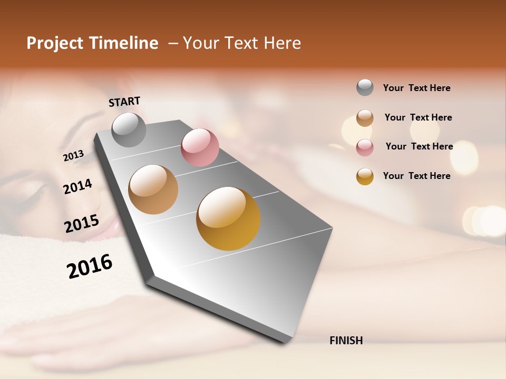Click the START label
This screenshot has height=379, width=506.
[124, 102]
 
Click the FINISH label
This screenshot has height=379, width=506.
[346, 341]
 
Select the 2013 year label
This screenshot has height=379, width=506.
[73, 155]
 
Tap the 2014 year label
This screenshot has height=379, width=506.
[77, 186]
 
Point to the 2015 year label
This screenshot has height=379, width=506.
[81, 223]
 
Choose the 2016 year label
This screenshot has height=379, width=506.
[90, 266]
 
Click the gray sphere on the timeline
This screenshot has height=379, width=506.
[129, 129]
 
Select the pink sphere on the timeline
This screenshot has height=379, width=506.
[200, 147]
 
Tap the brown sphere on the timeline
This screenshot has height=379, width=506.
[153, 189]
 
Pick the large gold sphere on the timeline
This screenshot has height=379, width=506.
[228, 218]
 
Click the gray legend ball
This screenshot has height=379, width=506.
[365, 87]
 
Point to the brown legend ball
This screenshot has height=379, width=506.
[365, 118]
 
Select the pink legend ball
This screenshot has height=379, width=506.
[365, 147]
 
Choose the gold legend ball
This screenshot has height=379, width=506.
[365, 176]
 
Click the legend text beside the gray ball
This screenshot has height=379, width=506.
[416, 88]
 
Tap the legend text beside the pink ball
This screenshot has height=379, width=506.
[419, 146]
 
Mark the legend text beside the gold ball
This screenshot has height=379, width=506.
[416, 176]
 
